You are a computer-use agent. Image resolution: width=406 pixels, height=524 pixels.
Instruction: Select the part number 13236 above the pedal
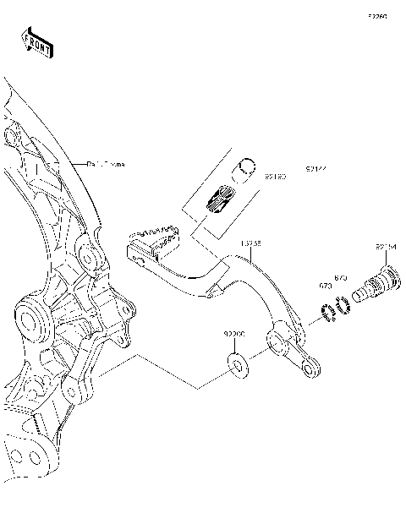pyautogui.click(x=250, y=243)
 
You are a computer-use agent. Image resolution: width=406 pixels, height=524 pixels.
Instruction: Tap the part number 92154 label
pyautogui.click(x=386, y=247)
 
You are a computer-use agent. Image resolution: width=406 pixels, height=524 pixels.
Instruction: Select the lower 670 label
pyautogui.click(x=325, y=287)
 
